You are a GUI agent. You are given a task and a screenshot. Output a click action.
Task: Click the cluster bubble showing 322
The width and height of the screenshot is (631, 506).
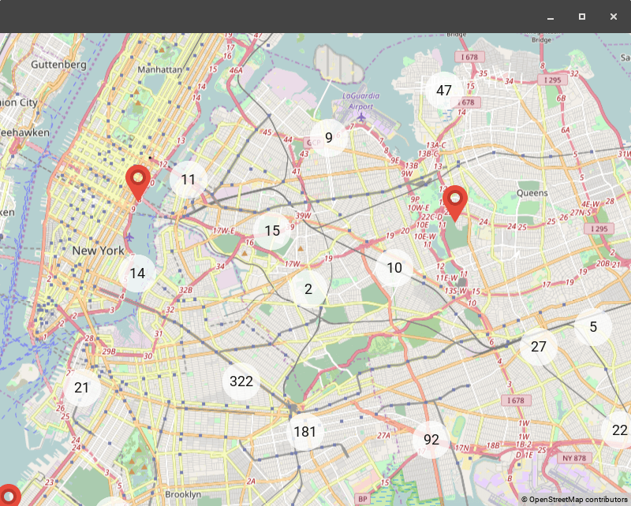click(x=241, y=381)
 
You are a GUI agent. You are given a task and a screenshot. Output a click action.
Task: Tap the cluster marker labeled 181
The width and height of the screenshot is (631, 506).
click(x=304, y=431)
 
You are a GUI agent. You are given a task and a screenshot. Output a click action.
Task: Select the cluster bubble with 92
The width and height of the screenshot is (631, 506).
click(x=431, y=440)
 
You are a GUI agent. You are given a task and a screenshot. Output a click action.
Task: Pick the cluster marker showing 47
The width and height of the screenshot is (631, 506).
click(x=444, y=90)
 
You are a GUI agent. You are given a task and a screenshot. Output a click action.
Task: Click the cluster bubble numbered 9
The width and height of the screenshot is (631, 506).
click(x=329, y=137)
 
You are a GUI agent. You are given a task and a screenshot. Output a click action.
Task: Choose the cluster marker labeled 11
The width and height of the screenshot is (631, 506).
click(x=188, y=180)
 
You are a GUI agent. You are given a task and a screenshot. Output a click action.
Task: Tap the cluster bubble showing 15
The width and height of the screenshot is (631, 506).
click(x=272, y=231)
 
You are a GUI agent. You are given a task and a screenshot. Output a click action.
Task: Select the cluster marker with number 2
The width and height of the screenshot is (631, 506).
click(x=308, y=289)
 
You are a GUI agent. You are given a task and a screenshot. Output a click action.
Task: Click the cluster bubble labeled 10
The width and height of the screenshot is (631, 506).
click(x=394, y=268)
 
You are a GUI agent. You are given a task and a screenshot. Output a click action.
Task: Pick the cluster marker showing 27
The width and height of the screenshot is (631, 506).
click(x=539, y=347)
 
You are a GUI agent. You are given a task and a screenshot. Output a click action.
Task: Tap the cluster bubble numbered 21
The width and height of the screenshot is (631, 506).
click(x=82, y=387)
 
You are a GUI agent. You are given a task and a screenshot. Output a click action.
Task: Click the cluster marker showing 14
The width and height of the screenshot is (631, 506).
click(x=137, y=273)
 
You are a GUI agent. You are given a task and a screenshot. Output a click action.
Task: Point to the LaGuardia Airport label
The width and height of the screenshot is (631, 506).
click(x=360, y=101)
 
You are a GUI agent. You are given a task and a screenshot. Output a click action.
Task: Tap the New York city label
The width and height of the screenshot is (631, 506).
click(x=98, y=251)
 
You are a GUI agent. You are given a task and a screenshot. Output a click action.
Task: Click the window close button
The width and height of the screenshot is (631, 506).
click(x=614, y=17)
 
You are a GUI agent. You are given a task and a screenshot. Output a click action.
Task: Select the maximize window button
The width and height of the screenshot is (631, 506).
click(x=582, y=17)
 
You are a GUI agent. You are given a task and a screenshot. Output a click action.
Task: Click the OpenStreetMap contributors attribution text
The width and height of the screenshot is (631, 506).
click(x=574, y=499)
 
